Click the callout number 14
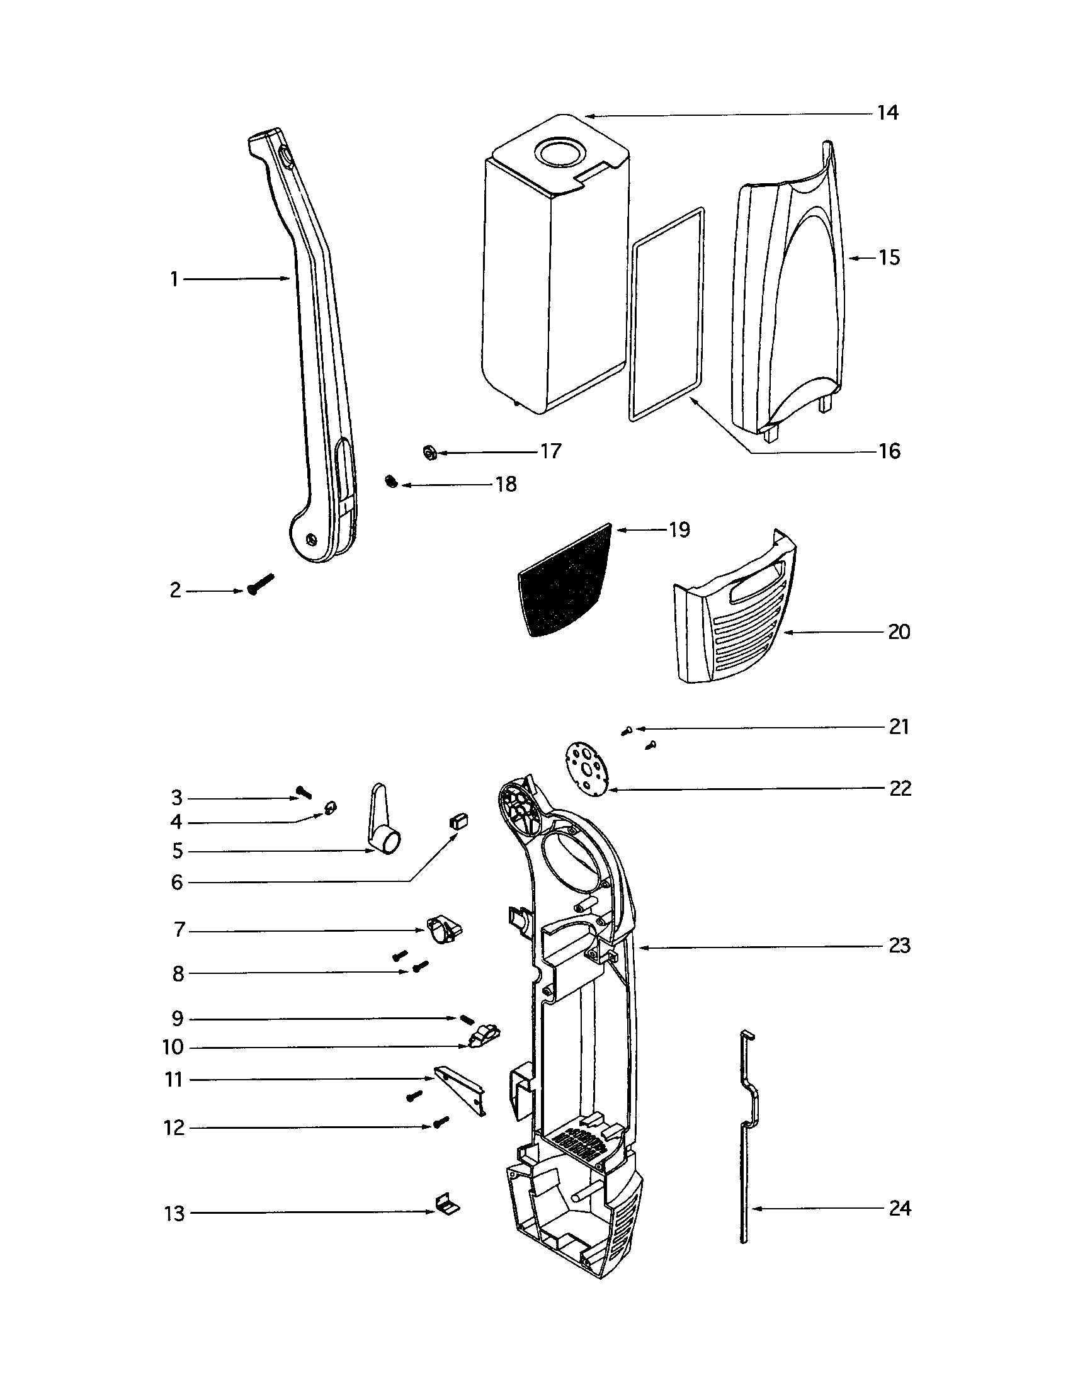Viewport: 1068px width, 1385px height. (888, 113)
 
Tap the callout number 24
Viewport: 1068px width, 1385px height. (900, 1209)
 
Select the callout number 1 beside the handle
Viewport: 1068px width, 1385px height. (174, 279)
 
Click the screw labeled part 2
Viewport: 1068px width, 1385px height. (261, 583)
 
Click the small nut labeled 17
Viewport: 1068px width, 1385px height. (429, 453)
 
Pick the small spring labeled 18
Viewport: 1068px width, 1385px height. (391, 483)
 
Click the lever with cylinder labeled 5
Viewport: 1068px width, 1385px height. (384, 827)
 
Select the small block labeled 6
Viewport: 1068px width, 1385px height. (458, 820)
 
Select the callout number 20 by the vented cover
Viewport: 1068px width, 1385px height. (899, 632)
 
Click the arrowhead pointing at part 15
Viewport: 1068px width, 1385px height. (852, 258)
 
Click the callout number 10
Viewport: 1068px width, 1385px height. (173, 1047)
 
